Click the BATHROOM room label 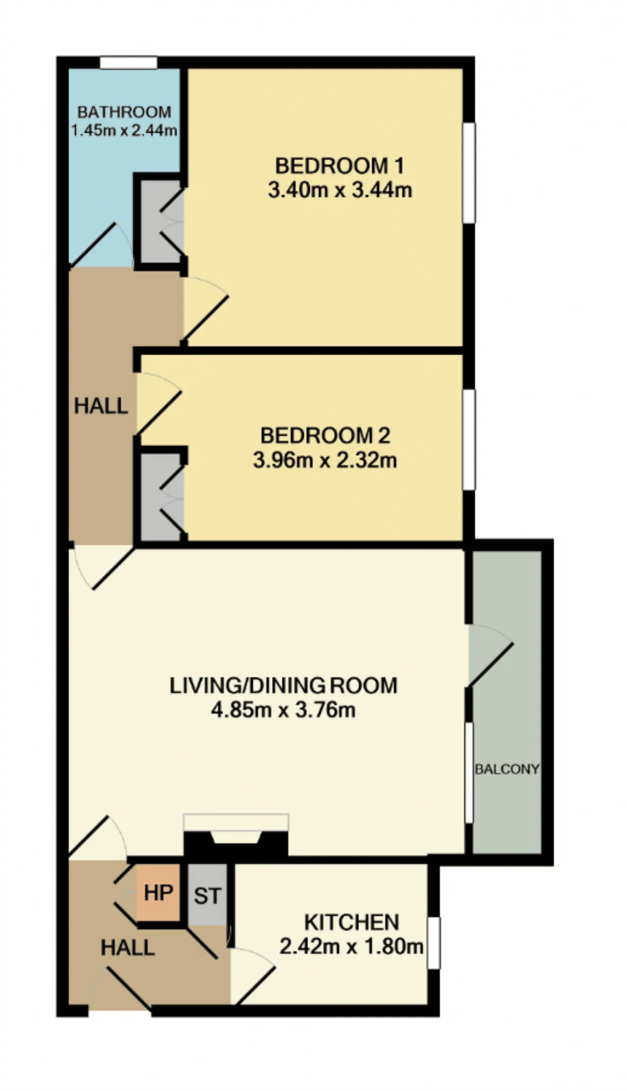point(124,112)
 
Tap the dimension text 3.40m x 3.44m point(340,190)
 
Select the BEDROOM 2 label point(325,435)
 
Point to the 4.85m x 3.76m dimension point(283,710)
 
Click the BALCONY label point(507,769)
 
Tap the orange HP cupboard point(158,893)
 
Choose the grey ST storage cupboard point(207,895)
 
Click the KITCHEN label point(352,922)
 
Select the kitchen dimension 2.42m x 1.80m point(351,946)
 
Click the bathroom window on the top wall point(129,63)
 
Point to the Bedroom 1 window point(469,173)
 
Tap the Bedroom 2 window point(469,440)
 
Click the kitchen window point(434,943)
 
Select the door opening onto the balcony point(490,655)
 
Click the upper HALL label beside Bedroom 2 point(101,406)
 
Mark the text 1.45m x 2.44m point(124,131)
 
